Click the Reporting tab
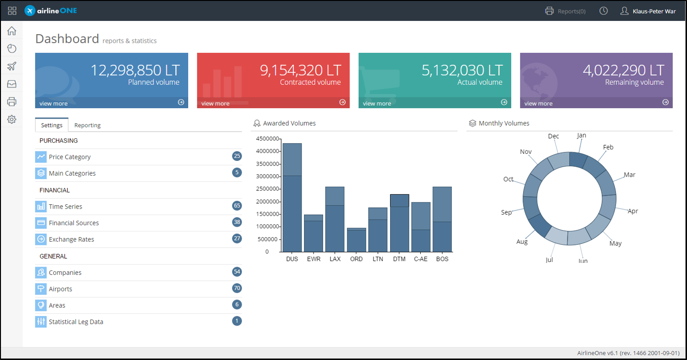[x=87, y=125]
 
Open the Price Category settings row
[x=70, y=157]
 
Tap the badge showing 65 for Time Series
[x=237, y=206]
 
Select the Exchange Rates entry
[x=71, y=239]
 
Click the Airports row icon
[x=41, y=289]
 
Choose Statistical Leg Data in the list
[x=76, y=321]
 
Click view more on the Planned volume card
[x=53, y=103]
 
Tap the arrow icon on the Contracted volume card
[x=343, y=102]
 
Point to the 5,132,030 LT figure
[x=462, y=70]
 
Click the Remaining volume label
[x=634, y=82]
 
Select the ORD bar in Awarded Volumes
[x=356, y=240]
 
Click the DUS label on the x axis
[x=292, y=259]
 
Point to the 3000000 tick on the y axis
[x=268, y=176]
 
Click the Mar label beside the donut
[x=629, y=175]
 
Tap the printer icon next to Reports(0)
[x=549, y=11]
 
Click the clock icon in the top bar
[x=604, y=11]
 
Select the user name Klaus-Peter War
[x=654, y=11]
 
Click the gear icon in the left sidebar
[x=12, y=119]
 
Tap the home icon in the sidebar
[x=12, y=31]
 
